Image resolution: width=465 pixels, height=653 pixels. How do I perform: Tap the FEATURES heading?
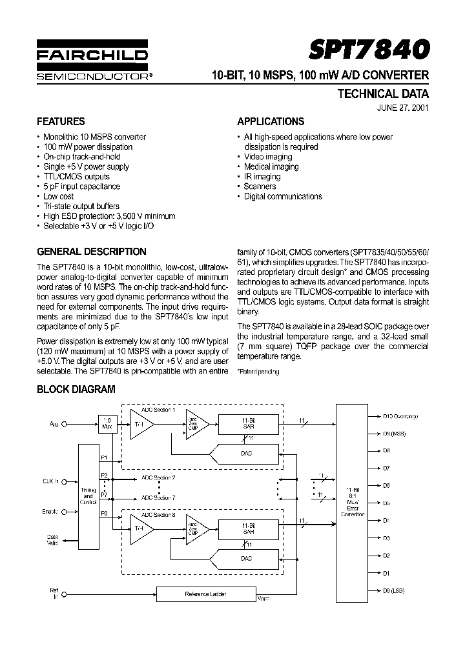(61, 121)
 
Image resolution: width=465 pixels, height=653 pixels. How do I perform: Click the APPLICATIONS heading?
(271, 121)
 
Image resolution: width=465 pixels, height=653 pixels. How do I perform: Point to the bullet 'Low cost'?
(58, 196)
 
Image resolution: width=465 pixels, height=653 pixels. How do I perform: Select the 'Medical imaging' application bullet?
(271, 166)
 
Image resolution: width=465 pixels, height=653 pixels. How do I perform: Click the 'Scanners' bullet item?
(260, 186)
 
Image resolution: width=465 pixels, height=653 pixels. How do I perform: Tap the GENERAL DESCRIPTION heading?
(92, 252)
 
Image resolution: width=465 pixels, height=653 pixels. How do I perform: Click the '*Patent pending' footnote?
(259, 372)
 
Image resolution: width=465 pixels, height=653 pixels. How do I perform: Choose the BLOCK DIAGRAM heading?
(76, 389)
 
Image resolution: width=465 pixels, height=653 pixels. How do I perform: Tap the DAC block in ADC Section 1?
(247, 454)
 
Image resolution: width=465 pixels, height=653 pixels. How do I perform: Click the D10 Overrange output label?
(400, 416)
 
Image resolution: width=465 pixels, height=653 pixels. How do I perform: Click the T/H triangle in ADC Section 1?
(140, 424)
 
